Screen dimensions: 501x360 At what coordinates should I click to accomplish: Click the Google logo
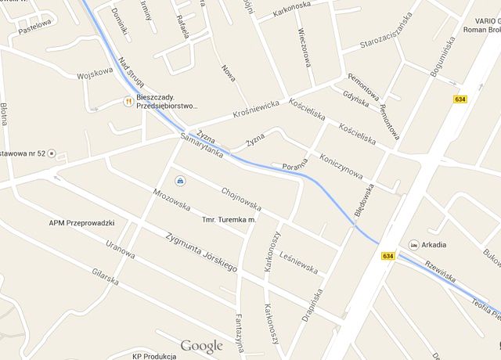tap(201, 346)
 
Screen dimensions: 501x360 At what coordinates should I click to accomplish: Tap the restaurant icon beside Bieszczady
tap(128, 100)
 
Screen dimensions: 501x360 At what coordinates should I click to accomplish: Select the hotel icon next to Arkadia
tap(413, 244)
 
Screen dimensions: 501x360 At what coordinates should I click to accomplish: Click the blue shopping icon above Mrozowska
tap(181, 181)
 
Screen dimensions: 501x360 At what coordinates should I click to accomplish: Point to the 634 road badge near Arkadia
tap(388, 256)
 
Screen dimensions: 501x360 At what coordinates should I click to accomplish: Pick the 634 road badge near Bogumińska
tap(460, 99)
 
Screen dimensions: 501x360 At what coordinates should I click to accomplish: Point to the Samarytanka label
tap(201, 145)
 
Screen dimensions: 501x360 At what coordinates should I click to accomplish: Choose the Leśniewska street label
tap(298, 262)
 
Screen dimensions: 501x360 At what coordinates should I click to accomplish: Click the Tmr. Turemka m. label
tap(229, 220)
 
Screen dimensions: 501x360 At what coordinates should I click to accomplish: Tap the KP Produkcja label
tap(153, 355)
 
